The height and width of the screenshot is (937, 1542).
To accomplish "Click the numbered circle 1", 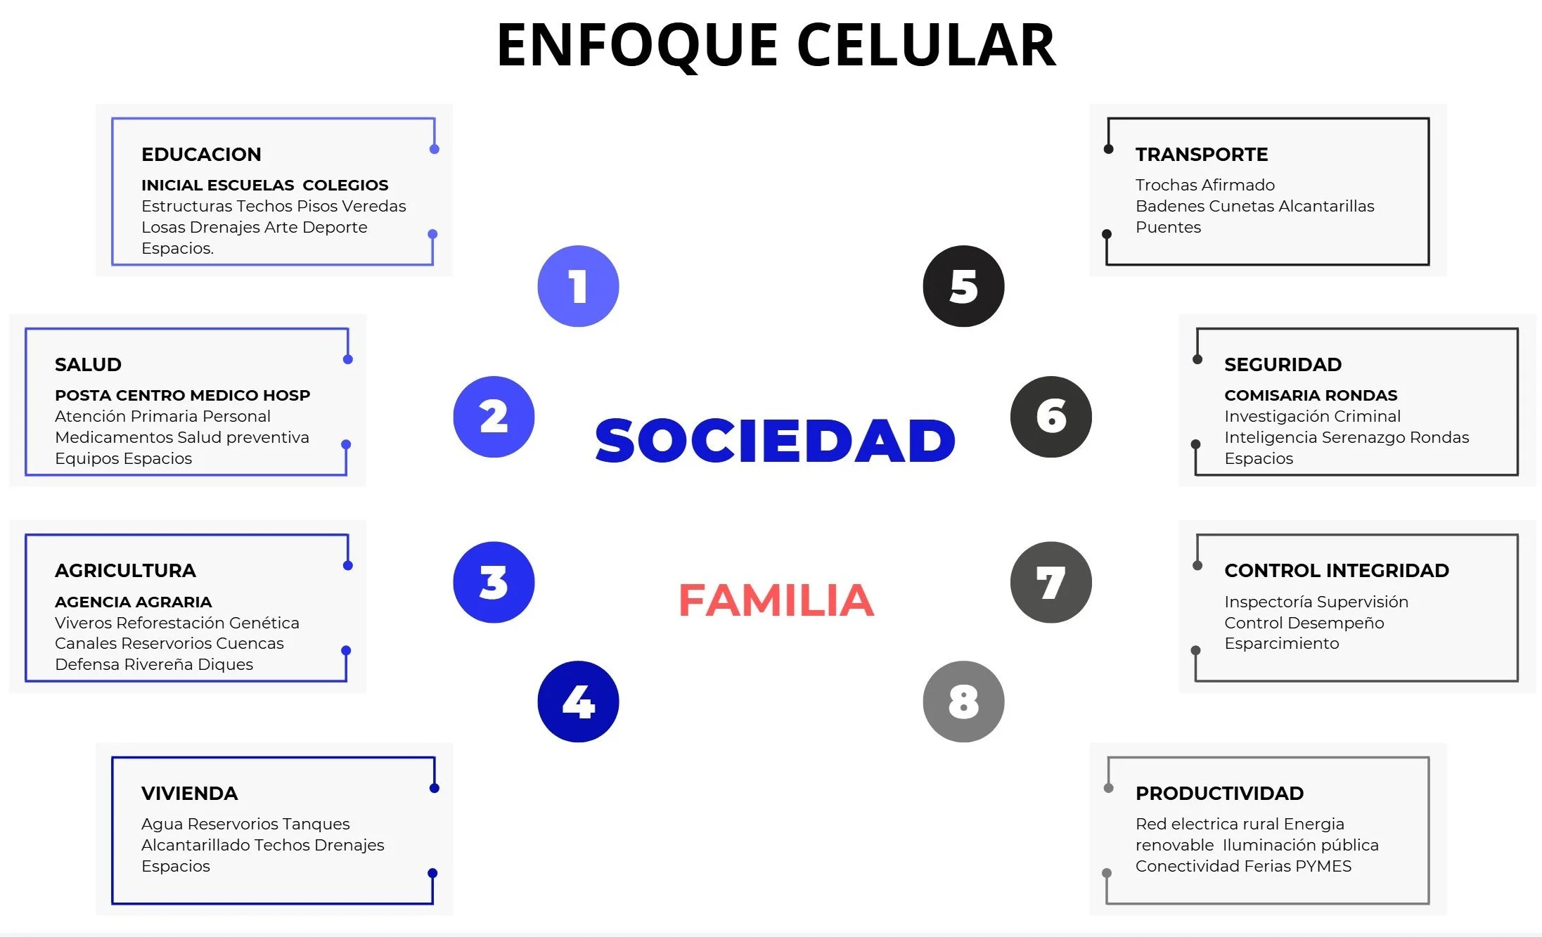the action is coord(578,286).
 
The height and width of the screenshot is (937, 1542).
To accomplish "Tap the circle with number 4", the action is coord(578,702).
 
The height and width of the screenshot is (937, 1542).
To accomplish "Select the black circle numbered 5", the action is coord(963,286).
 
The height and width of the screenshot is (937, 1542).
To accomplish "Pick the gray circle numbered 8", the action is coord(963,702).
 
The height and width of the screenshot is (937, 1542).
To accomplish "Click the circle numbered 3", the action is coord(494,582).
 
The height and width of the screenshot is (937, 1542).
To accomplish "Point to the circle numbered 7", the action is coord(1051,582).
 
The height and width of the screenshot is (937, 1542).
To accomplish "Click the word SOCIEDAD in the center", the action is coord(775,441).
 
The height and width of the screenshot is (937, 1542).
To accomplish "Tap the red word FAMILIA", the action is coord(776,600).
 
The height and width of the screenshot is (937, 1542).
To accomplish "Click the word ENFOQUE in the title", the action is coord(637,45).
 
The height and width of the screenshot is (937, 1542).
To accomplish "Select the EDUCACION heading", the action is coord(201,154).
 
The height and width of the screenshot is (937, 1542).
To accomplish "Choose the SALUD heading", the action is coord(88,364).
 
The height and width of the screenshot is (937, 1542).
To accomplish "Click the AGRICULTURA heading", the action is coord(125,570).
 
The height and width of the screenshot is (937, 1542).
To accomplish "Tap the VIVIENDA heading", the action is coord(189,793).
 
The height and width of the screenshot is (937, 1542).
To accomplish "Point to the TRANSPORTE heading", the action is coord(1201,154).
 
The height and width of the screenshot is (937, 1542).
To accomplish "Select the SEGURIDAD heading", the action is coord(1283,364).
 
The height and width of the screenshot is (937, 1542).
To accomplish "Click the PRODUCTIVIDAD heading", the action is coord(1219,793).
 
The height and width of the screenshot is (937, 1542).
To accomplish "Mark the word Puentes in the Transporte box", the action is coord(1168,227).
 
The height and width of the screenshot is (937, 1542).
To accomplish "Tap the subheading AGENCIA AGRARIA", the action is coord(133,602).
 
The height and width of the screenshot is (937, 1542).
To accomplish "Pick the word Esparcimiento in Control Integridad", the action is coord(1281,643).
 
